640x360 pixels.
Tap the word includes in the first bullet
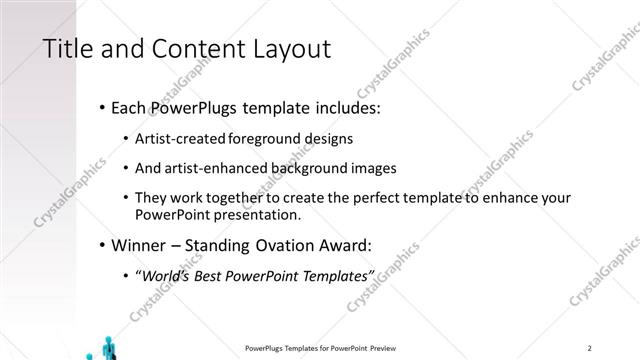342,106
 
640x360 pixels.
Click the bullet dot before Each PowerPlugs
105,106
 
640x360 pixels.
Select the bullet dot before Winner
105,245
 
